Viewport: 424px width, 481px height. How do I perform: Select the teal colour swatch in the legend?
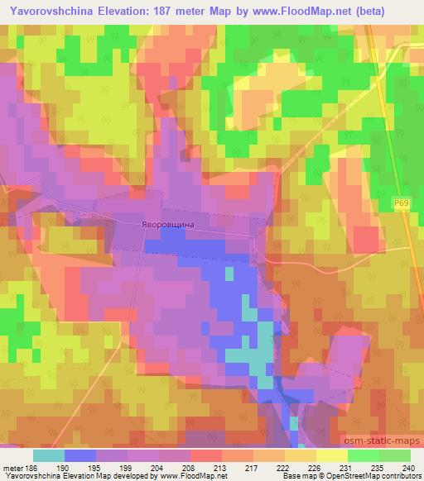(x=49, y=455)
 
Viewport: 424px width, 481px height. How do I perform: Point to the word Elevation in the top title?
(x=129, y=11)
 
